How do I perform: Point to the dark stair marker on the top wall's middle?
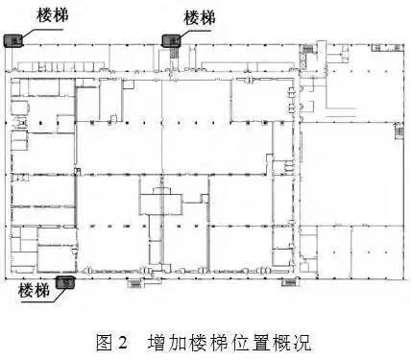pyautogui.click(x=170, y=40)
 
